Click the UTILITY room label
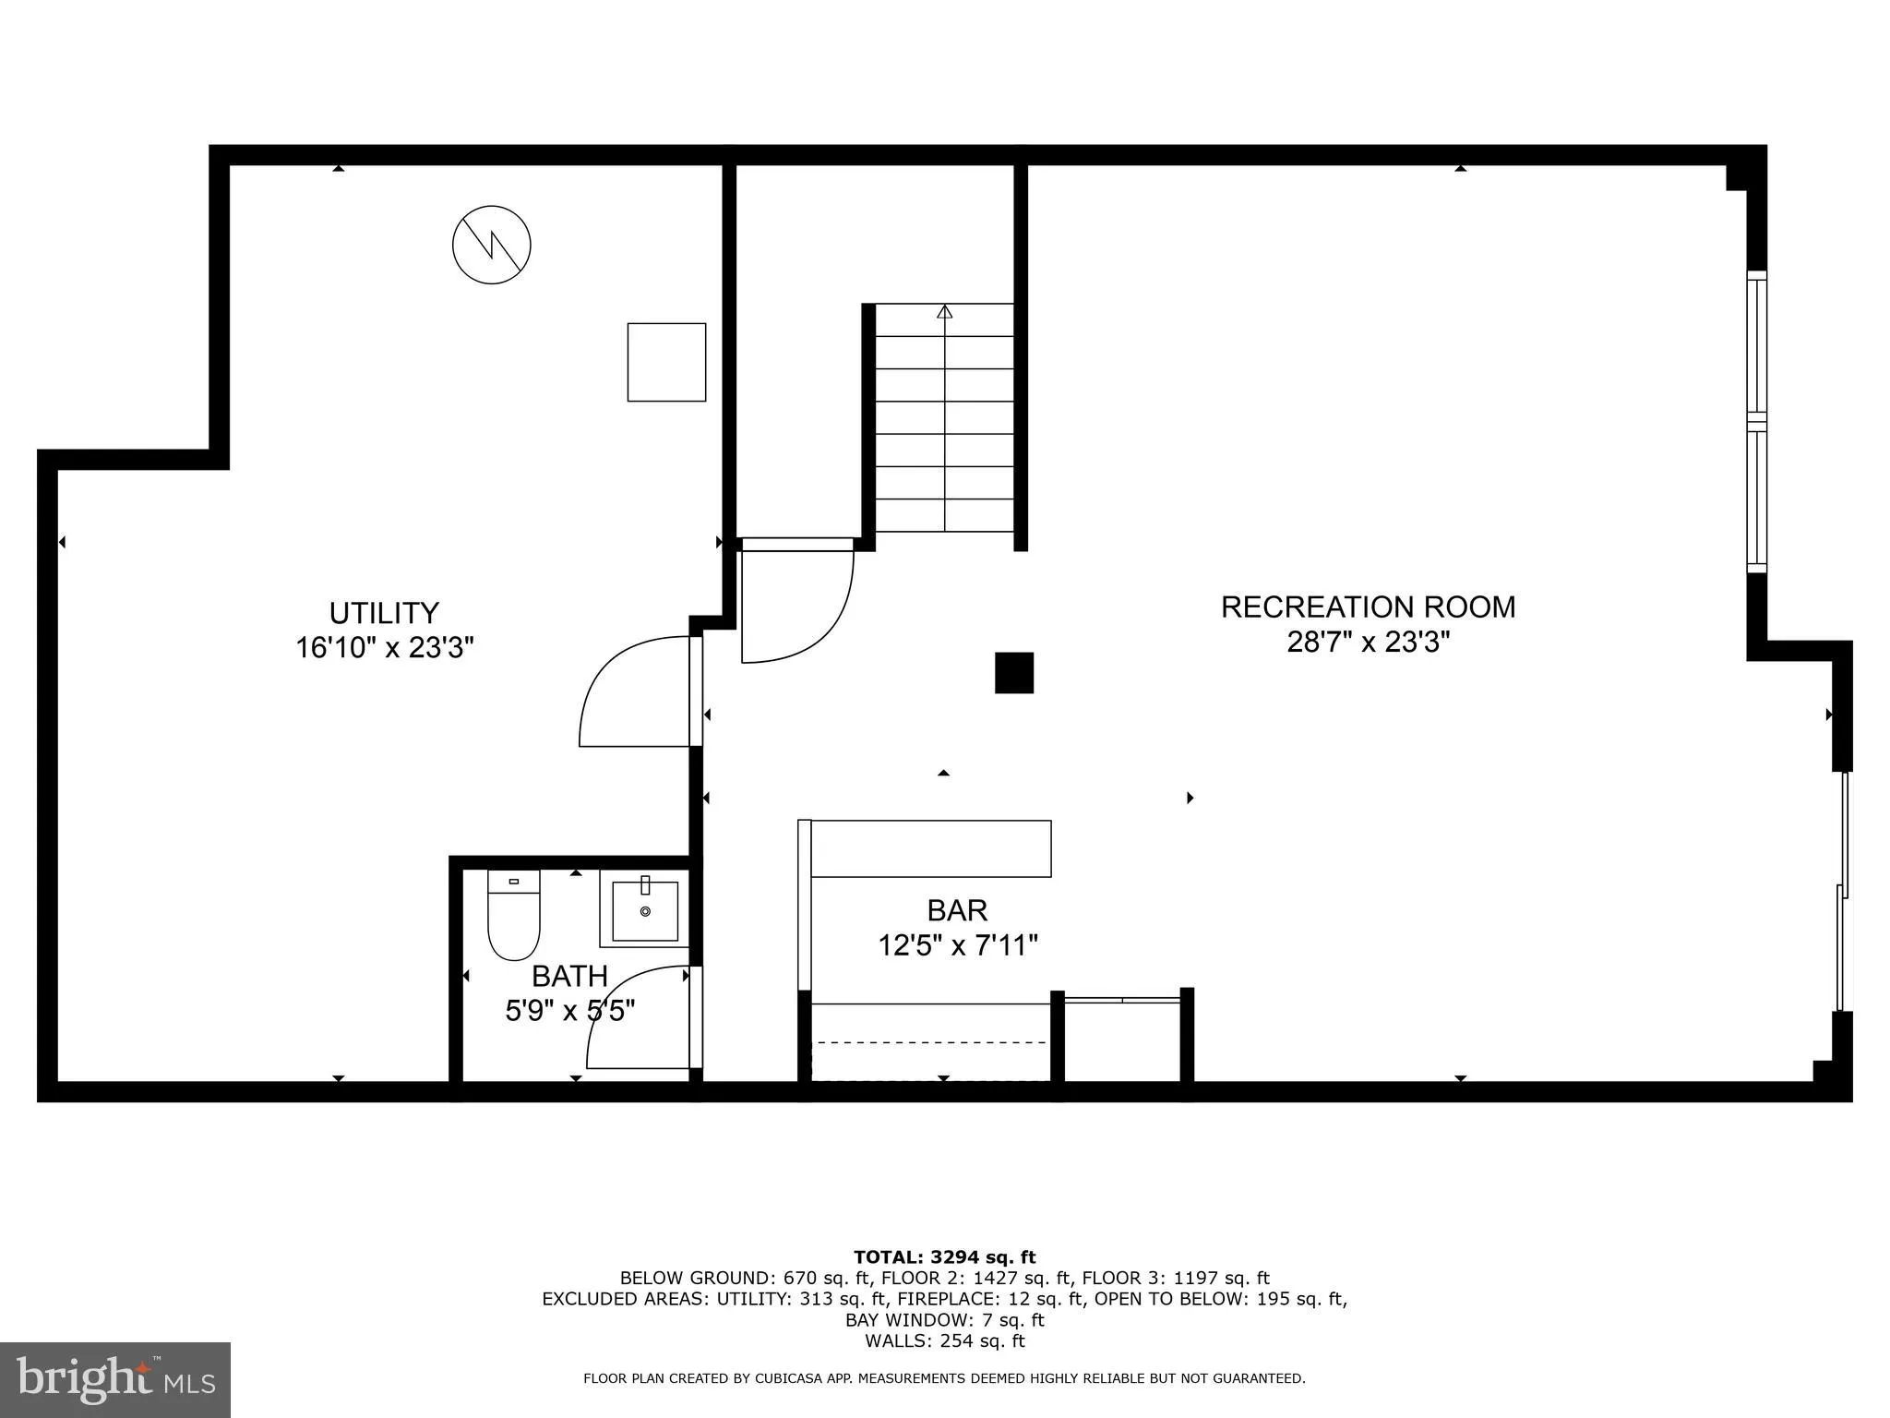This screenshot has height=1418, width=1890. pyautogui.click(x=384, y=613)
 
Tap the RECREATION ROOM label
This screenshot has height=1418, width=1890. pyautogui.click(x=1368, y=607)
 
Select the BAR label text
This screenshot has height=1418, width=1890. pyautogui.click(x=957, y=910)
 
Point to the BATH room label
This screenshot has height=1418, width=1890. pyautogui.click(x=569, y=976)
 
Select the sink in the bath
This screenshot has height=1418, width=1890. pyautogui.click(x=645, y=910)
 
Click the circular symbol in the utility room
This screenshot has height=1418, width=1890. pyautogui.click(x=492, y=245)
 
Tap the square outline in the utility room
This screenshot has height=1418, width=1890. pyautogui.click(x=666, y=362)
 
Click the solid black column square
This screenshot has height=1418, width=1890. pyautogui.click(x=1013, y=672)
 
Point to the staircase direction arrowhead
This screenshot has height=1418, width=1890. pyautogui.click(x=944, y=312)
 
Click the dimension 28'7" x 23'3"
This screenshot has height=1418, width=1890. pyautogui.click(x=1368, y=642)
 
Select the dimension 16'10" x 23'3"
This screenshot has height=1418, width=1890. pyautogui.click(x=384, y=648)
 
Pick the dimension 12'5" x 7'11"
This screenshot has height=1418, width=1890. pyautogui.click(x=957, y=945)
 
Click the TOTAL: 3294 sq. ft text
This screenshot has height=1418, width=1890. pyautogui.click(x=944, y=1256)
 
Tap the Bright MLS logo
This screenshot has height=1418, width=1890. pyautogui.click(x=115, y=1379)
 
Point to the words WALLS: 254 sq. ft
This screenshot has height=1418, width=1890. pyautogui.click(x=944, y=1341)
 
